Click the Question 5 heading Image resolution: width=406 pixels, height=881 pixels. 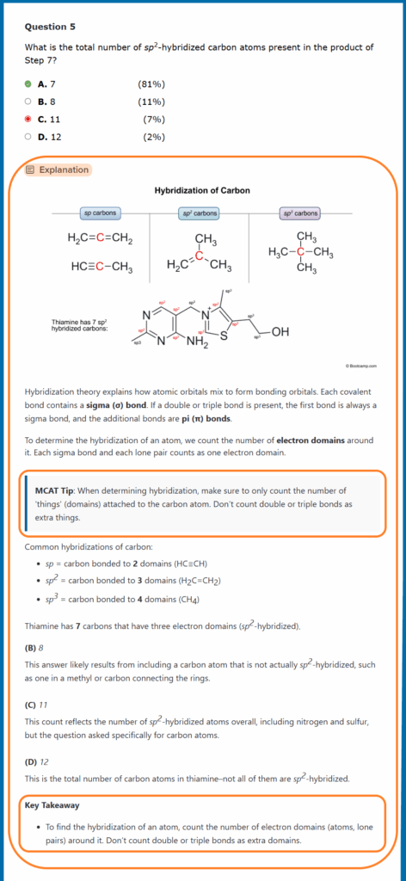coord(52,27)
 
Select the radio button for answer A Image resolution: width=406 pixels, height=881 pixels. coord(28,83)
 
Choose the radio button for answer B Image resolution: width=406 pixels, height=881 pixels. coord(28,101)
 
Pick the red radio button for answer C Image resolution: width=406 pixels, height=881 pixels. coord(28,119)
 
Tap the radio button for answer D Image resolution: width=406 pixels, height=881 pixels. coord(28,136)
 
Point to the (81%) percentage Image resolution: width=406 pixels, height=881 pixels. coord(151,83)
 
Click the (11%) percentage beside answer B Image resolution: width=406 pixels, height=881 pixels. coord(151,101)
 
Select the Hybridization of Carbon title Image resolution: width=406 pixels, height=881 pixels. coord(202,190)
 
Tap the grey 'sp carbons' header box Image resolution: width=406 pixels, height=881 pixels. coord(100,213)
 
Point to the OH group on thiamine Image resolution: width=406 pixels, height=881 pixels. coord(280,332)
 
